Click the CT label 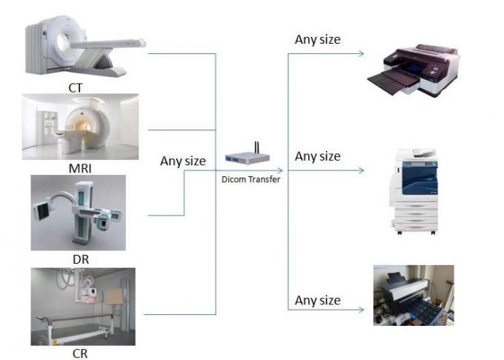pos(75,87)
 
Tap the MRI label pos(79,169)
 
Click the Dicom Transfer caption pos(251,179)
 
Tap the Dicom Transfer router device pos(250,159)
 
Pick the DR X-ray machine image pos(79,213)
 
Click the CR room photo pos(82,307)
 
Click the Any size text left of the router pos(183,160)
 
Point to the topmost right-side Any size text pos(317,39)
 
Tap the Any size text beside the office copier pos(317,156)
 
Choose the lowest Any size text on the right pos(317,300)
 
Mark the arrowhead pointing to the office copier pos(361,170)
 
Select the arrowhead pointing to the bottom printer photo pos(361,308)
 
